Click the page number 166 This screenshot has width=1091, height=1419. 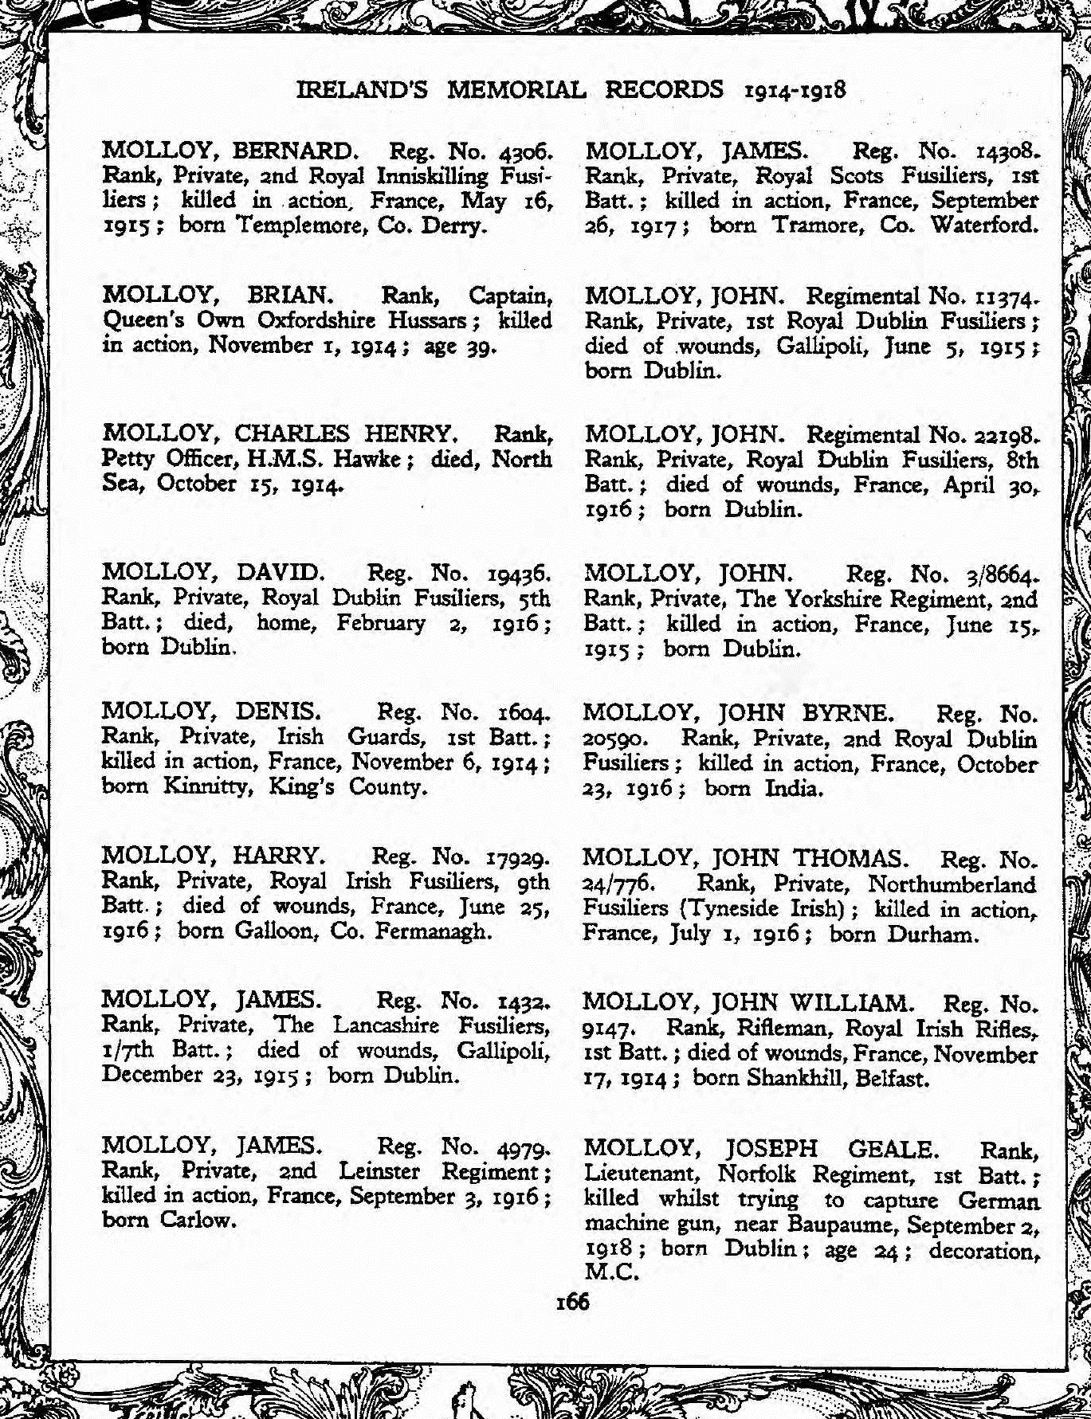[x=573, y=1302]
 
